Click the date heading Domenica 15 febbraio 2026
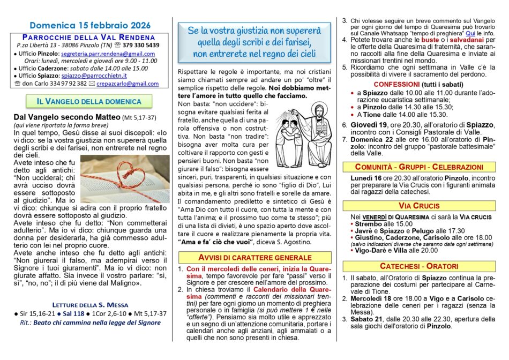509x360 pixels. pos(90,25)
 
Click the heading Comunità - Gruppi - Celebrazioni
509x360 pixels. pos(419,167)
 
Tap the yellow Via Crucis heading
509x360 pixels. pos(419,206)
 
